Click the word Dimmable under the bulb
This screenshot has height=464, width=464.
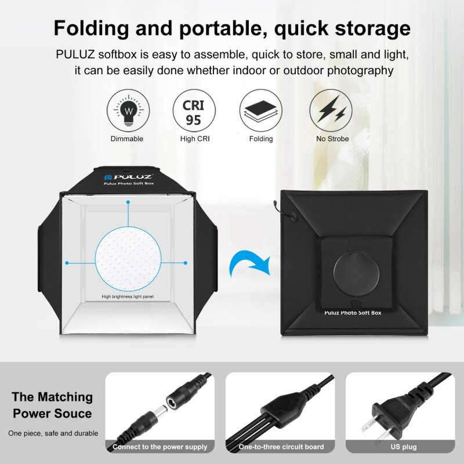(127, 139)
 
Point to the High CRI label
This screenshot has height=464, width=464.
(195, 139)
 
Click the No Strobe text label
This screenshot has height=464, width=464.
(332, 139)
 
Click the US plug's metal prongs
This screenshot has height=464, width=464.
(371, 427)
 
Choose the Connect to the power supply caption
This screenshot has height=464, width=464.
(159, 447)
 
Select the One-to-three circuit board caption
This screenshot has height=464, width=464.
(281, 447)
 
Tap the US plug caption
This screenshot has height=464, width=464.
(403, 447)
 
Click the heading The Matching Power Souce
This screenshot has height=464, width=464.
(52, 405)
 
